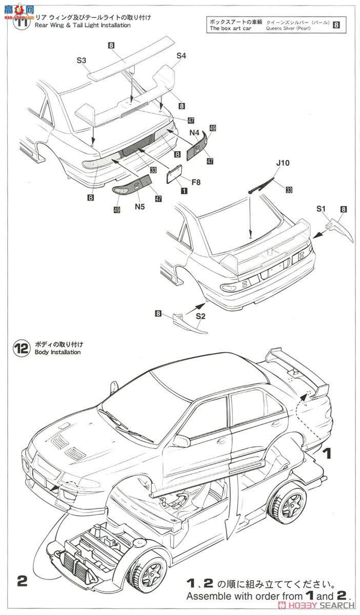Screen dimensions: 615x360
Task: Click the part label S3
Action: point(82,60)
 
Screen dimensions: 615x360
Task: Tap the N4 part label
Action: point(194,132)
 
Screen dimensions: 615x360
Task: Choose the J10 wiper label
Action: point(283,163)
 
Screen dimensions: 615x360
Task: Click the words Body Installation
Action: point(57,353)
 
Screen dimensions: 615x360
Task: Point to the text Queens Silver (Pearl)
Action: point(298,29)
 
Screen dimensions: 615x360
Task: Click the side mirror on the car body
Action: point(181,440)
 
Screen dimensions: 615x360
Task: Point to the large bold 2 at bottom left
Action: point(22,581)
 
